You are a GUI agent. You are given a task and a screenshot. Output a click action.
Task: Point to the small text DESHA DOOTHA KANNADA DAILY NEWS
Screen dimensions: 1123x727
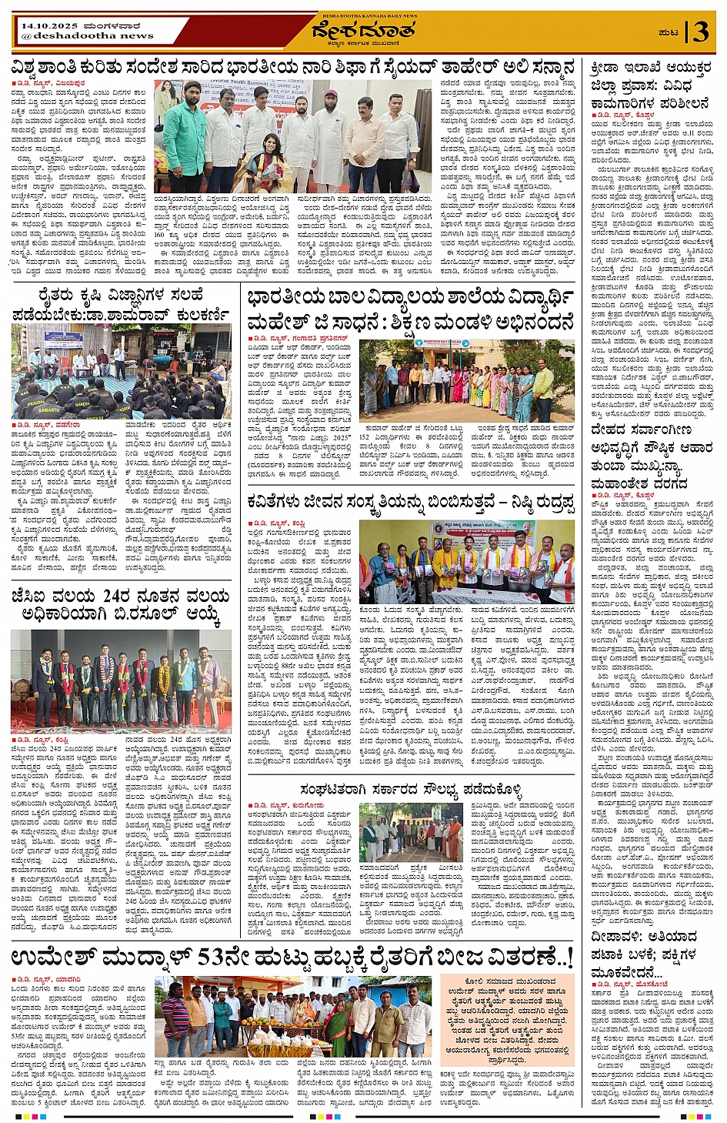363,15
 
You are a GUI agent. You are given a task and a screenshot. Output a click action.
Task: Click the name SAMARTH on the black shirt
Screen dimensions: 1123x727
48,410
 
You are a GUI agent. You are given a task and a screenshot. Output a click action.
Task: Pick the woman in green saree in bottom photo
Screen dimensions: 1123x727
337,1028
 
